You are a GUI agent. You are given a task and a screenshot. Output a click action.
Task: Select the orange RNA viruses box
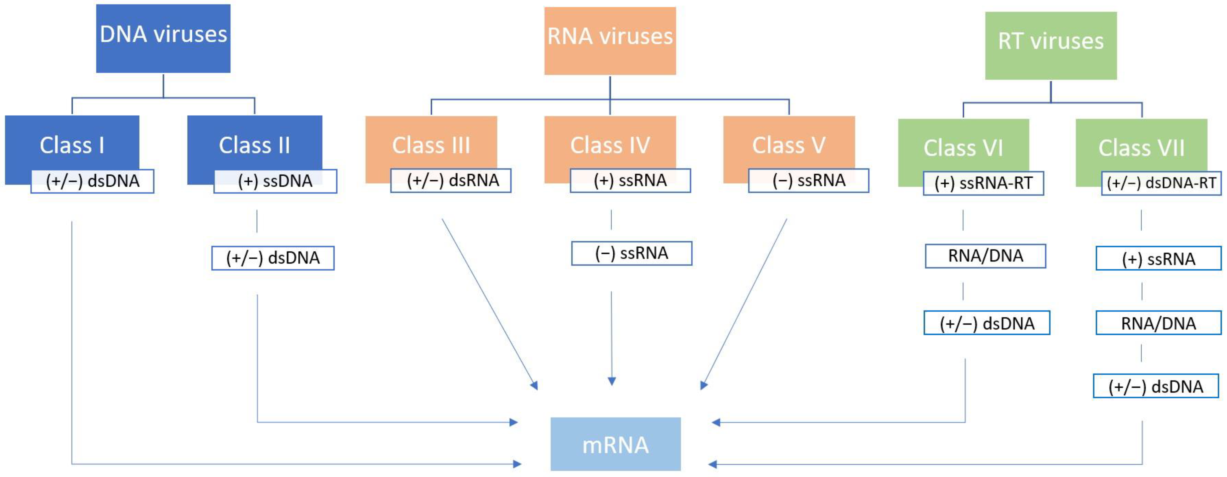[x=610, y=41]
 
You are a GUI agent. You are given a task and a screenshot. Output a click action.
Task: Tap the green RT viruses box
[x=1050, y=45]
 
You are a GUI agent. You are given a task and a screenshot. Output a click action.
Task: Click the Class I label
[x=72, y=145]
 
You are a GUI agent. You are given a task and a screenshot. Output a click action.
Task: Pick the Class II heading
[x=254, y=145]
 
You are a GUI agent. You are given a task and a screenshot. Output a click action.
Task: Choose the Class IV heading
[x=610, y=145]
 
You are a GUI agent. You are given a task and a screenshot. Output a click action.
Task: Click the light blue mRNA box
[x=615, y=444]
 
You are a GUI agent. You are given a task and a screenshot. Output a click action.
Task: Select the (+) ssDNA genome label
[x=275, y=181]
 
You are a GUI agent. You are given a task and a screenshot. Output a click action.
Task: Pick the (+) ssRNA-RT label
[x=983, y=183]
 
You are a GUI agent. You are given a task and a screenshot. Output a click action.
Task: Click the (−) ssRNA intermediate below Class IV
[x=632, y=253]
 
